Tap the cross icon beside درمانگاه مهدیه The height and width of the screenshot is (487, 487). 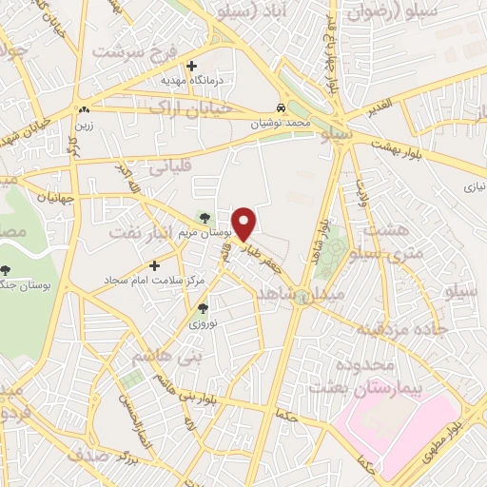pyautogui.click(x=193, y=67)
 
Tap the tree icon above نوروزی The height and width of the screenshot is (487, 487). pyautogui.click(x=202, y=308)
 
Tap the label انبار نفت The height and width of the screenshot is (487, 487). pyautogui.click(x=139, y=230)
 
